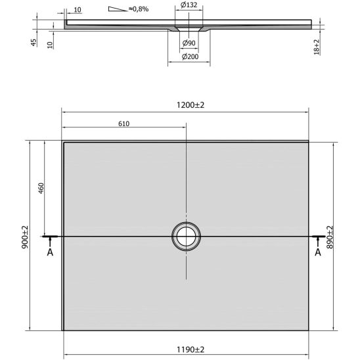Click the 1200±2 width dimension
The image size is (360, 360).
(191, 105)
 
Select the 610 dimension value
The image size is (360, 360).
(124, 124)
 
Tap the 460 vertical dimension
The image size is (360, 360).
(41, 189)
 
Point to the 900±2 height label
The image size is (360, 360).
(25, 237)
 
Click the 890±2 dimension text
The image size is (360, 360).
(330, 237)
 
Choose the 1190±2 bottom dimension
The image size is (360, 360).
(191, 349)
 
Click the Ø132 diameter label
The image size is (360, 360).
(189, 5)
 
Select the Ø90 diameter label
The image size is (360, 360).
(189, 43)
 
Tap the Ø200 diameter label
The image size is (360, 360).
(190, 56)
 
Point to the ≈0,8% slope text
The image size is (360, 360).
(139, 9)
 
